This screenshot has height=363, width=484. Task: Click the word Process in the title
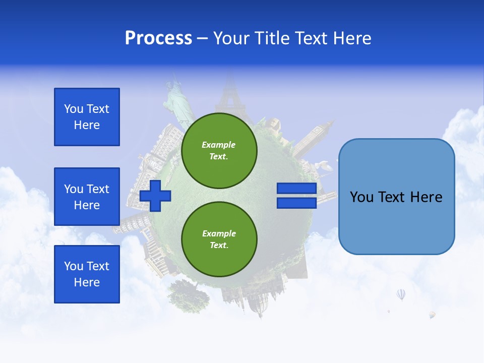tap(158, 38)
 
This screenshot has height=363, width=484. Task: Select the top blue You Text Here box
tap(87, 117)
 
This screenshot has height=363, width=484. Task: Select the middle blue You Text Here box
tap(87, 197)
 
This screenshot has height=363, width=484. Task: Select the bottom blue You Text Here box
tap(87, 274)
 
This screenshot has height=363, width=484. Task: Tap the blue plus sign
tap(155, 196)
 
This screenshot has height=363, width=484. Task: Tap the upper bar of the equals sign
tap(296, 189)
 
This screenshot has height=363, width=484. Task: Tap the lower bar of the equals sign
tap(296, 203)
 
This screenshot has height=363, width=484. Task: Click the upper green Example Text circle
tap(219, 151)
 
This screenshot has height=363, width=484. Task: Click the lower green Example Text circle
tap(219, 239)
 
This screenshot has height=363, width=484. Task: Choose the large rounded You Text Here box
tap(396, 197)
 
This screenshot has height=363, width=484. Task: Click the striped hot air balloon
tap(401, 294)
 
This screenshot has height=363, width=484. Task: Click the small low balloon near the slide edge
tap(432, 315)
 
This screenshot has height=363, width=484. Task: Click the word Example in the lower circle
tap(219, 233)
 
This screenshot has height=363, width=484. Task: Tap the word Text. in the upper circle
tap(219, 157)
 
